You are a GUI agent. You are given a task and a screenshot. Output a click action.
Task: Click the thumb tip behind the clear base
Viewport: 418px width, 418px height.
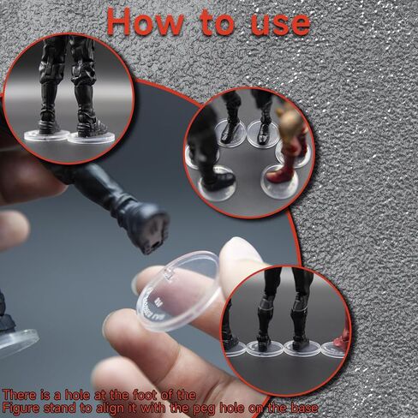point(243,258)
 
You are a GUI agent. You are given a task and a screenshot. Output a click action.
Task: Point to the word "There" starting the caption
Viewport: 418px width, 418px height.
point(21,394)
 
